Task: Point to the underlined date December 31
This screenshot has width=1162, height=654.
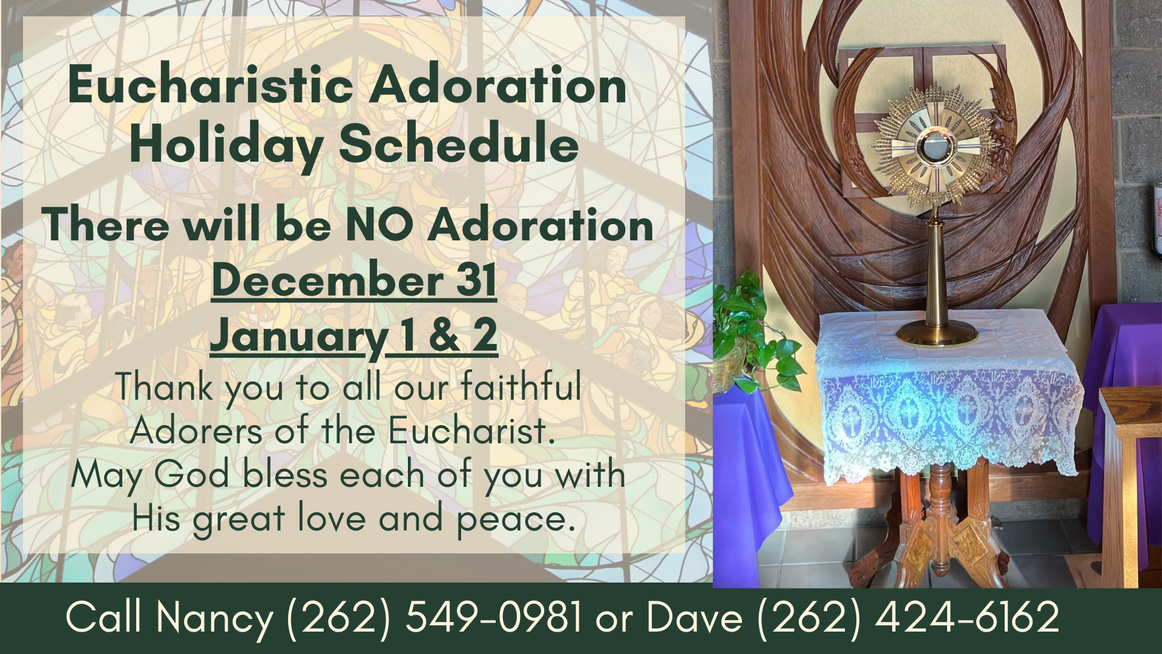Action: tap(354, 280)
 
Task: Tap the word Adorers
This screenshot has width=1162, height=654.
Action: tap(196, 431)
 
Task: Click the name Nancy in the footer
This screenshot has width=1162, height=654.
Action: tap(214, 619)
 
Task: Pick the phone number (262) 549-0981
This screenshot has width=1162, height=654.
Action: tap(433, 618)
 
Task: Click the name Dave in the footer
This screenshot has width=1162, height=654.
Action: tap(695, 618)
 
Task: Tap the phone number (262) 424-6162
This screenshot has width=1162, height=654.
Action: tap(908, 618)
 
